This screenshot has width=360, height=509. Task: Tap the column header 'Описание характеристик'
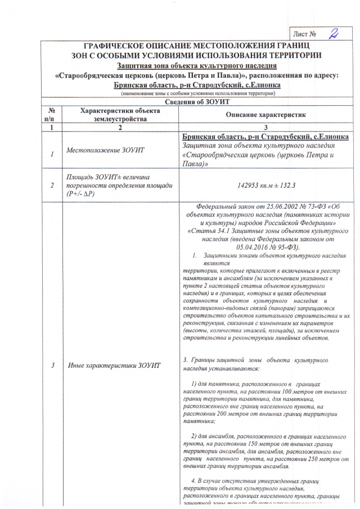[x=265, y=115]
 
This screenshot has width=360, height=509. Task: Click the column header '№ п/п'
[x=52, y=115]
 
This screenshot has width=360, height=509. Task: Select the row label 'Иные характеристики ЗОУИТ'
[x=114, y=366]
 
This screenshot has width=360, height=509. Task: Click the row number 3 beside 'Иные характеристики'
[x=52, y=366]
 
